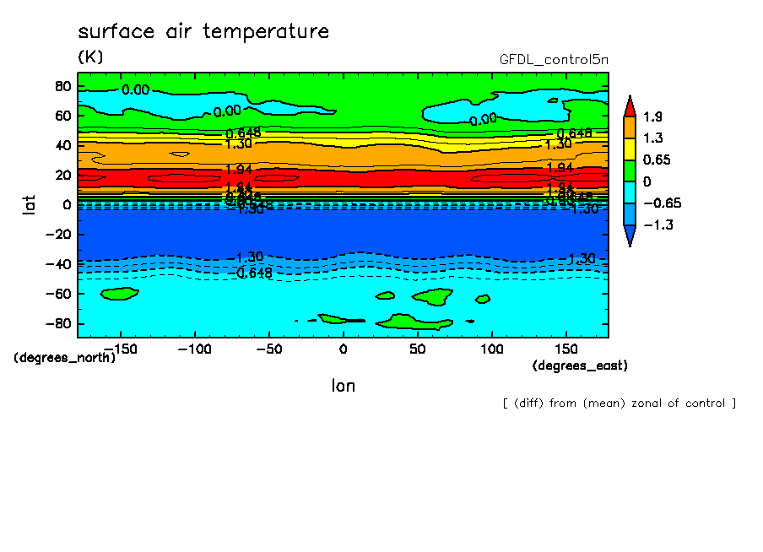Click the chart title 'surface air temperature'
pyautogui.click(x=203, y=32)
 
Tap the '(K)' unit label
pyautogui.click(x=89, y=57)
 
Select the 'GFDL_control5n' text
pyautogui.click(x=554, y=59)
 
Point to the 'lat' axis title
pyautogui.click(x=28, y=203)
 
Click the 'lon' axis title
pyautogui.click(x=343, y=386)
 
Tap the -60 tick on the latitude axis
pyautogui.click(x=59, y=294)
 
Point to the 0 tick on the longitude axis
pyautogui.click(x=343, y=349)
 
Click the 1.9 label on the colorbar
pyautogui.click(x=652, y=116)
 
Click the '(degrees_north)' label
pyautogui.click(x=64, y=358)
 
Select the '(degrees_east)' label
pyautogui.click(x=580, y=365)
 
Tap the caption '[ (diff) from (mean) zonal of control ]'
pyautogui.click(x=619, y=403)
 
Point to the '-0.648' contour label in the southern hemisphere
pyautogui.click(x=250, y=273)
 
